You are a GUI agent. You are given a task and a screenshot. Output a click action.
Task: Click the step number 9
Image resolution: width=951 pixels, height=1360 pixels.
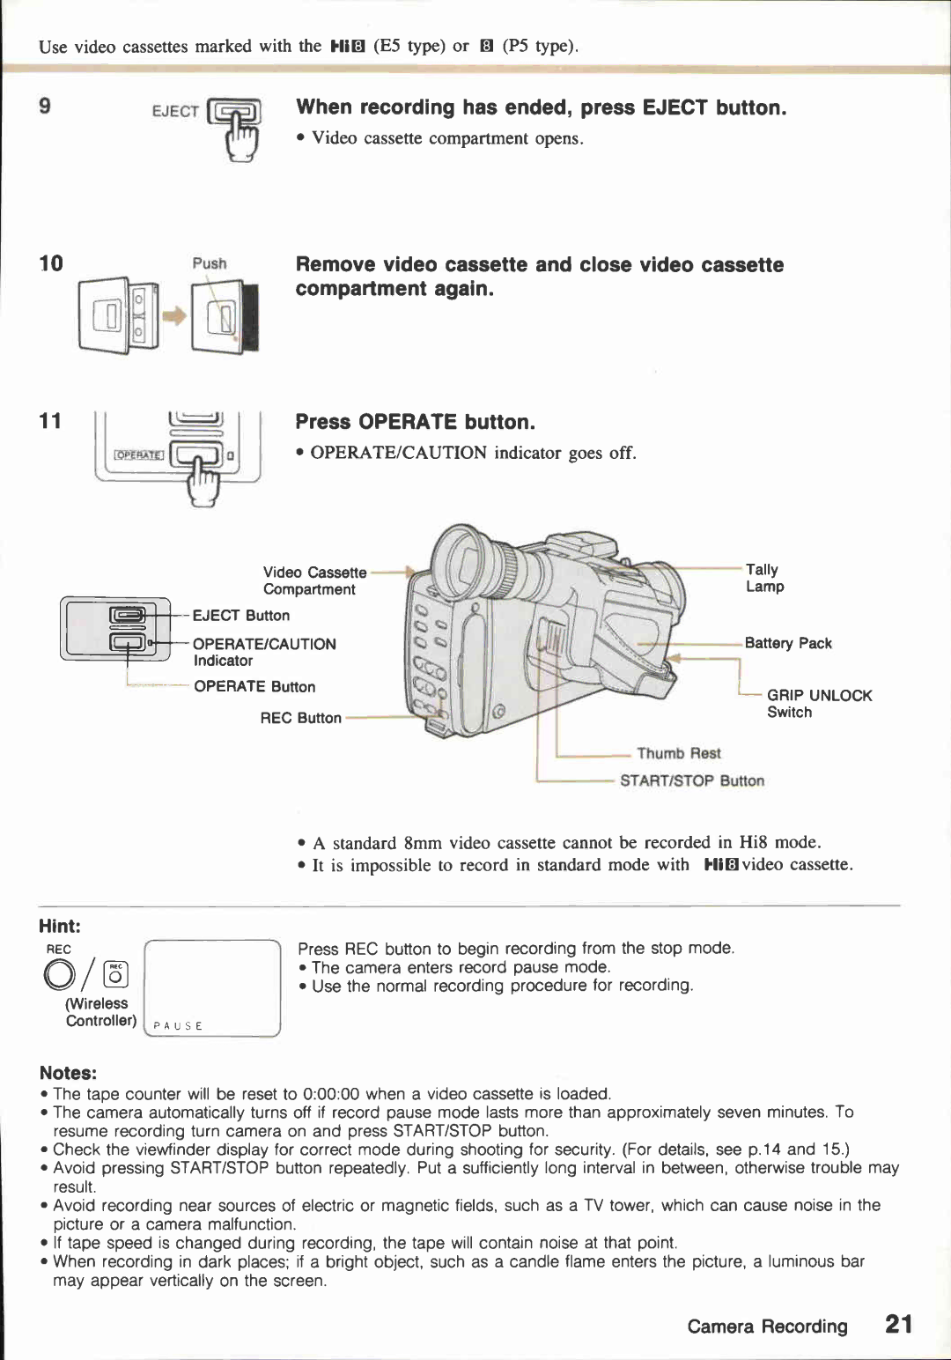click(45, 107)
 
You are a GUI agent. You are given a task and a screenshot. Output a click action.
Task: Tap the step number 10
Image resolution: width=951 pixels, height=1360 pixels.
click(51, 263)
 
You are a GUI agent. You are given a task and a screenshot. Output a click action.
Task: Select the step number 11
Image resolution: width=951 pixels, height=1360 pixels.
click(50, 421)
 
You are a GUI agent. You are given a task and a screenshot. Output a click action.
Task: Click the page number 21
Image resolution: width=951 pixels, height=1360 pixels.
click(898, 1324)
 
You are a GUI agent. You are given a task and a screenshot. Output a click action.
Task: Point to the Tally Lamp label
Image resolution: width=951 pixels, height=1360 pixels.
click(764, 578)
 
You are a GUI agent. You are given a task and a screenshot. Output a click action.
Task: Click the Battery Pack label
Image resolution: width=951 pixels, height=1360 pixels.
click(787, 643)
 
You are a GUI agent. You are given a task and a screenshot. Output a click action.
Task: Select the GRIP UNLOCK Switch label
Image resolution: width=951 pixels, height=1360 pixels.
click(818, 704)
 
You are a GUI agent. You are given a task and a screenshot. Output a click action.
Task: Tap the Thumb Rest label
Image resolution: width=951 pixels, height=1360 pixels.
click(678, 753)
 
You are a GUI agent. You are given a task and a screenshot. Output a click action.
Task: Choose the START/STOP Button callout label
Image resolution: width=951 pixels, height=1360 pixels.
click(691, 780)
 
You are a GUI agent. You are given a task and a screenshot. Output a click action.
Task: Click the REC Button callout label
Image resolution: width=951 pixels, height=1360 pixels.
click(300, 718)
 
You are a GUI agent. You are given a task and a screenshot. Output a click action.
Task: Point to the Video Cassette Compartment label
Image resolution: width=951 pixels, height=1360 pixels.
click(313, 580)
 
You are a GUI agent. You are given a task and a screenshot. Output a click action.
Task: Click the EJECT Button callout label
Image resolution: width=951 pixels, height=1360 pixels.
click(240, 616)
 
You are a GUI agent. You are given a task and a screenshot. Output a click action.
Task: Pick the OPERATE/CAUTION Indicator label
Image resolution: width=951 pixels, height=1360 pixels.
click(263, 652)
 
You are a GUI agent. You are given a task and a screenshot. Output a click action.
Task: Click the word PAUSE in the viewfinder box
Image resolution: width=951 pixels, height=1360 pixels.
click(178, 1026)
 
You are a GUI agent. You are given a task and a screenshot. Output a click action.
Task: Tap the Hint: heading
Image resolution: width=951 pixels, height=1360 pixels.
click(60, 926)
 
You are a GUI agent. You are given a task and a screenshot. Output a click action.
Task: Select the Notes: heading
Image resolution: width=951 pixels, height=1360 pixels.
click(68, 1073)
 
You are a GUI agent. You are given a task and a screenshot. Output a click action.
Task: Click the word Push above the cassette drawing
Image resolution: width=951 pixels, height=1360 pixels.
click(210, 263)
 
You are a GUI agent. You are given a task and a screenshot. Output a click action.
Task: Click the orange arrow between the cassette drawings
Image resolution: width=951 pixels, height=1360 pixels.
click(176, 316)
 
